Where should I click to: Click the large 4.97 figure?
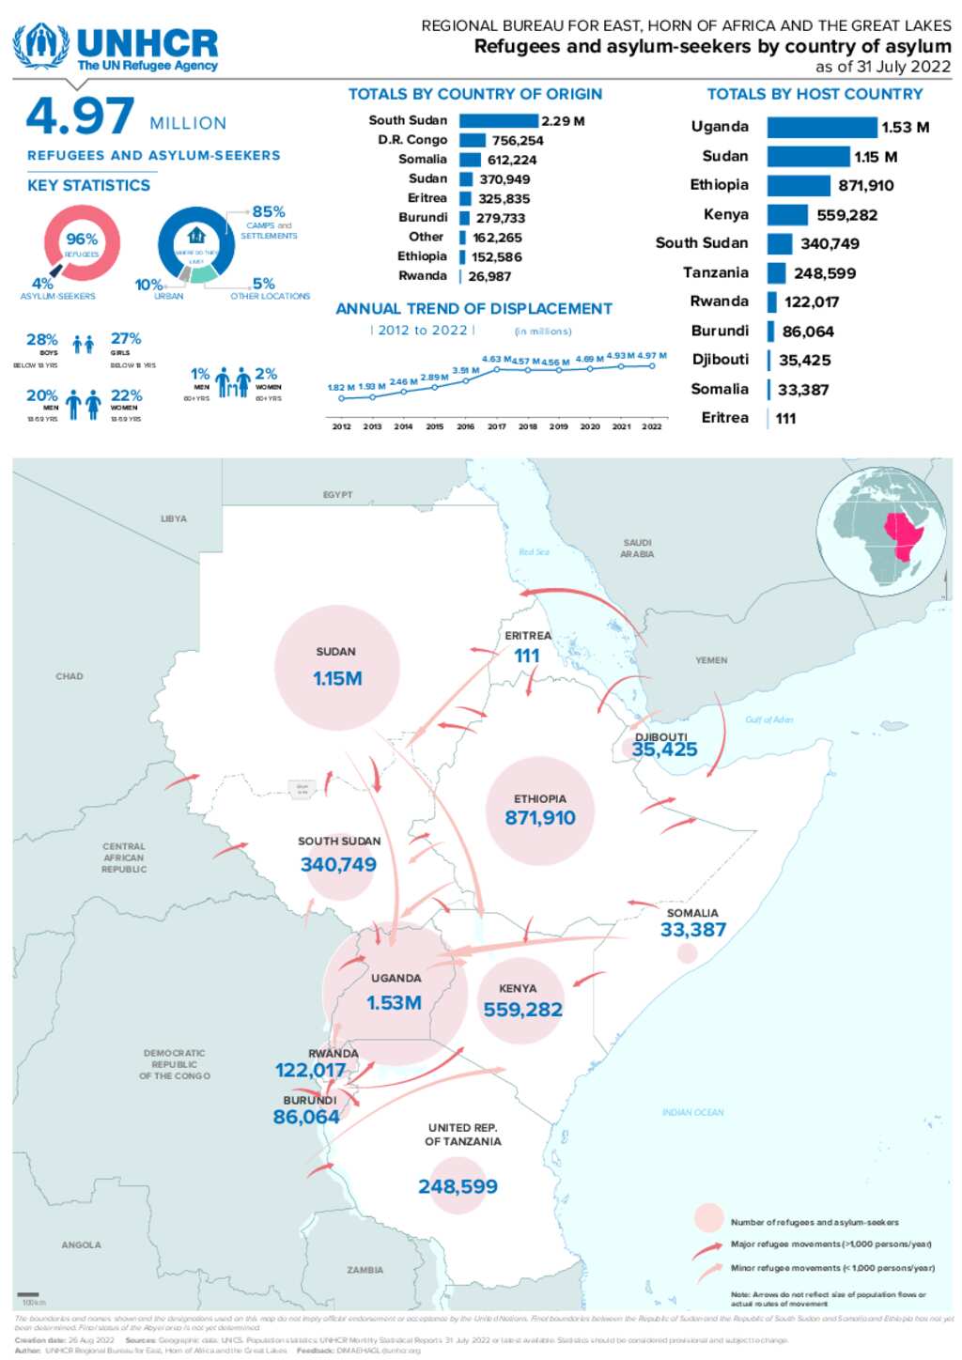[x=80, y=116]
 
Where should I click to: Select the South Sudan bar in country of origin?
[x=498, y=121]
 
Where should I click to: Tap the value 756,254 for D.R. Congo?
[x=518, y=141]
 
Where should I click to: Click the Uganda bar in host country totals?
[x=821, y=128]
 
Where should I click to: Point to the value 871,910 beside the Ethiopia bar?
[x=865, y=186]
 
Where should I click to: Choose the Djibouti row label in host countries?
[x=721, y=360]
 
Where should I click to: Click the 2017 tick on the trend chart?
[x=497, y=426]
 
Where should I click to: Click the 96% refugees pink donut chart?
[x=82, y=243]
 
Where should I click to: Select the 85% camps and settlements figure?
[x=269, y=212]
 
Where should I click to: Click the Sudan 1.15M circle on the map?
[x=337, y=668]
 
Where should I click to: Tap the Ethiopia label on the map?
[x=540, y=798]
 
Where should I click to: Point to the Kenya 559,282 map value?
[x=522, y=1010]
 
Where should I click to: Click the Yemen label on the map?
[x=711, y=660]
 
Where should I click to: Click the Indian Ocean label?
[x=692, y=1112]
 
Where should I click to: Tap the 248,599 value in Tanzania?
[x=458, y=1186]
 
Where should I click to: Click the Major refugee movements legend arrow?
[x=706, y=1249]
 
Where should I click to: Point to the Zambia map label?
[x=365, y=1270]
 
